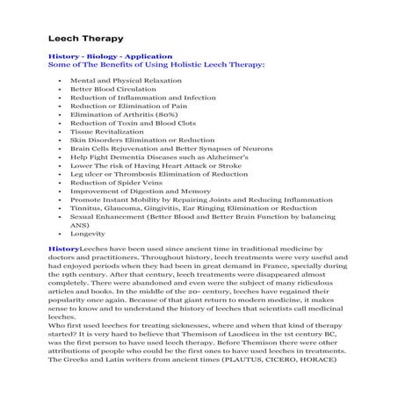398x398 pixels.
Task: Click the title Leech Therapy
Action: [85, 39]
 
